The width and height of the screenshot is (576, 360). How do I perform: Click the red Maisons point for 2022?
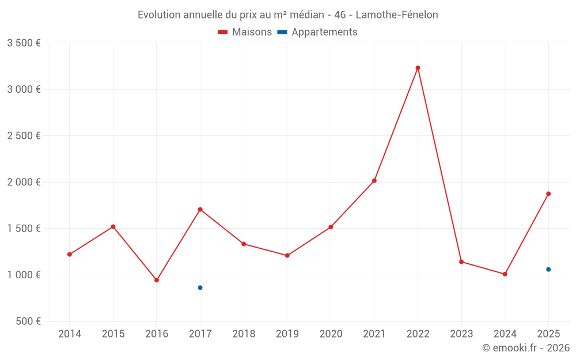(418, 68)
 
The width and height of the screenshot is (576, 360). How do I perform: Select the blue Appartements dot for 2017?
(200, 287)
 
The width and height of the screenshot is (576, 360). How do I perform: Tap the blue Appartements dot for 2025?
(548, 270)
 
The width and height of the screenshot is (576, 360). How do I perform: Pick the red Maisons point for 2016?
(157, 280)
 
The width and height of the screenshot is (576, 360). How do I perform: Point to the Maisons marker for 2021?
(374, 181)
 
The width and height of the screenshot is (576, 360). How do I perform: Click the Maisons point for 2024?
(505, 274)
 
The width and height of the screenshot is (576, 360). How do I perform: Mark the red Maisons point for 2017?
(200, 209)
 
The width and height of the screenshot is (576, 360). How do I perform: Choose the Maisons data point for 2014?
(70, 254)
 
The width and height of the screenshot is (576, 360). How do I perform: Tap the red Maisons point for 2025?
(548, 194)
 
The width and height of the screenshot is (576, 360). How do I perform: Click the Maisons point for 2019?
(287, 255)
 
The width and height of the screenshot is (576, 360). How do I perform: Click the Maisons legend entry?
(245, 32)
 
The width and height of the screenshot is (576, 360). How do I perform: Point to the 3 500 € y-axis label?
(24, 43)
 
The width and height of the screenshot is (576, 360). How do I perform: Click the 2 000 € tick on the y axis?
(24, 182)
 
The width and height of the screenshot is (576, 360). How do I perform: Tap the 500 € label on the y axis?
(28, 321)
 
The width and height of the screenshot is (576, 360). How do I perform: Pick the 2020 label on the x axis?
(331, 334)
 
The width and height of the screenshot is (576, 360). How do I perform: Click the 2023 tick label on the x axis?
(461, 334)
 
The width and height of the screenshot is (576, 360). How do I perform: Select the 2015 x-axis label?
(113, 334)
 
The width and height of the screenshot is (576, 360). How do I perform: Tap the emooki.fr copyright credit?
(525, 348)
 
